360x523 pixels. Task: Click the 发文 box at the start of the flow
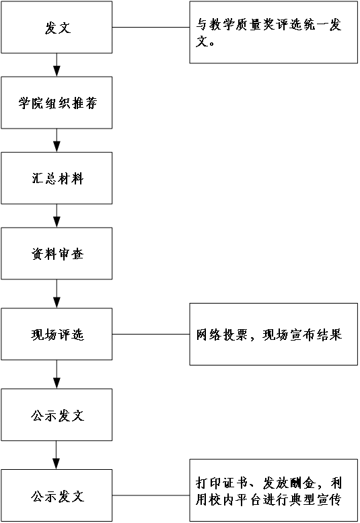click(x=57, y=27)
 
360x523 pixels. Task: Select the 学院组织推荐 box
click(x=57, y=103)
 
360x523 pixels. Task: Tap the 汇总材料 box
click(x=57, y=178)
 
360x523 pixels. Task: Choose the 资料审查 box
click(x=57, y=254)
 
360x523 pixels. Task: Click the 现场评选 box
click(x=57, y=334)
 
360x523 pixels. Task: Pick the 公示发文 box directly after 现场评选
click(x=57, y=415)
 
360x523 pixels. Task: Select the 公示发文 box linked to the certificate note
click(x=57, y=495)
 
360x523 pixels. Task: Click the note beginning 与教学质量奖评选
click(x=274, y=32)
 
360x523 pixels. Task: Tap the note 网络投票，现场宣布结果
click(x=274, y=335)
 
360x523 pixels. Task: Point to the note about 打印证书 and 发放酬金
click(x=274, y=490)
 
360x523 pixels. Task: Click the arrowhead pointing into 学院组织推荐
click(x=57, y=71)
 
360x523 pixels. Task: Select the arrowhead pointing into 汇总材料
click(x=57, y=147)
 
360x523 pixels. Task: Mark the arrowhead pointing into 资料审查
click(x=57, y=223)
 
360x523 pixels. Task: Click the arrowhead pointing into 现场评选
click(x=57, y=303)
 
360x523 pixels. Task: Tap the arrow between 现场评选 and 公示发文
click(x=57, y=374)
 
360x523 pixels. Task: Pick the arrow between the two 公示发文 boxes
click(x=57, y=455)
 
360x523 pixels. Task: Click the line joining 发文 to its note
click(x=151, y=27)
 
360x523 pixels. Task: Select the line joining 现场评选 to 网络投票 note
click(x=151, y=334)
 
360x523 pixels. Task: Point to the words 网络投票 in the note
click(x=221, y=335)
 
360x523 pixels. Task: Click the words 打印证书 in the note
click(x=221, y=483)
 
